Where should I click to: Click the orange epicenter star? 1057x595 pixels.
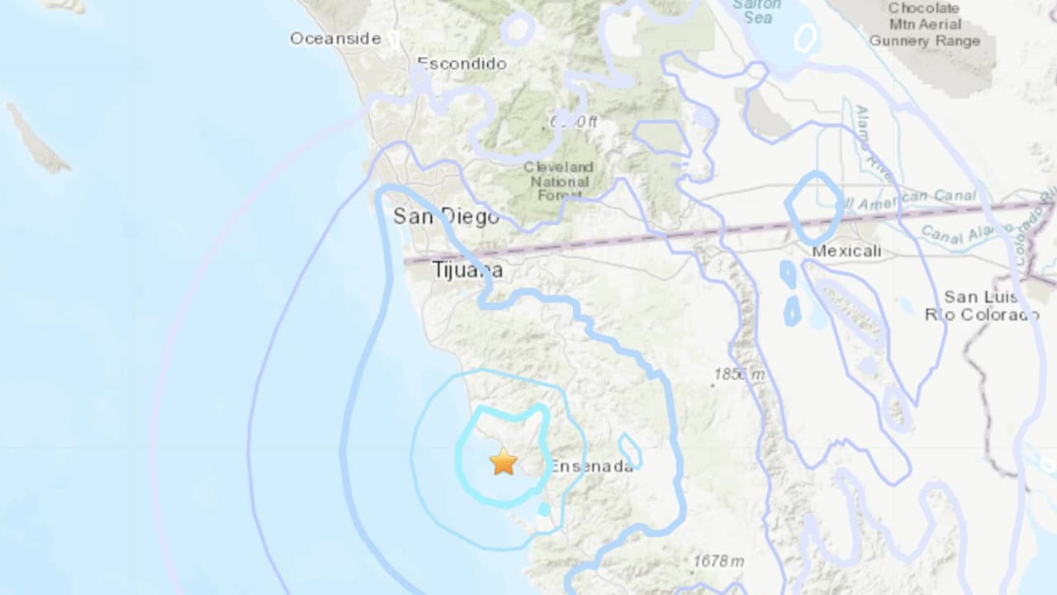pyautogui.click(x=503, y=461)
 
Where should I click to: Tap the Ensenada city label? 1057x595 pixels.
pyautogui.click(x=591, y=465)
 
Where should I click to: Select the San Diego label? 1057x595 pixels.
pyautogui.click(x=446, y=217)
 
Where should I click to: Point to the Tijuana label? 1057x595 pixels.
pyautogui.click(x=467, y=270)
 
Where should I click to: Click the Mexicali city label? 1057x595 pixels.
pyautogui.click(x=846, y=250)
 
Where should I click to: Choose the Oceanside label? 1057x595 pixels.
pyautogui.click(x=335, y=38)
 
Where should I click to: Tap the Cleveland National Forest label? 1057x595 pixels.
pyautogui.click(x=558, y=180)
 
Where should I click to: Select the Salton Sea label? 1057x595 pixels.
pyautogui.click(x=757, y=10)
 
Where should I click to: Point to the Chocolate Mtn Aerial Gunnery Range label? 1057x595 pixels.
pyautogui.click(x=924, y=25)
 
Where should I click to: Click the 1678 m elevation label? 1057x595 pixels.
pyautogui.click(x=718, y=561)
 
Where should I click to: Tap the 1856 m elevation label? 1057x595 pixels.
pyautogui.click(x=739, y=374)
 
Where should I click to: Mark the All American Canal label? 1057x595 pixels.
pyautogui.click(x=907, y=199)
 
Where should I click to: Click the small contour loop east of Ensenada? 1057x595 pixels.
pyautogui.click(x=630, y=451)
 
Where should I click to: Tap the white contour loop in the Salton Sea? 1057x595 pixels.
pyautogui.click(x=805, y=36)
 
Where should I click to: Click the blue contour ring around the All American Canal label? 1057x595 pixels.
pyautogui.click(x=813, y=205)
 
